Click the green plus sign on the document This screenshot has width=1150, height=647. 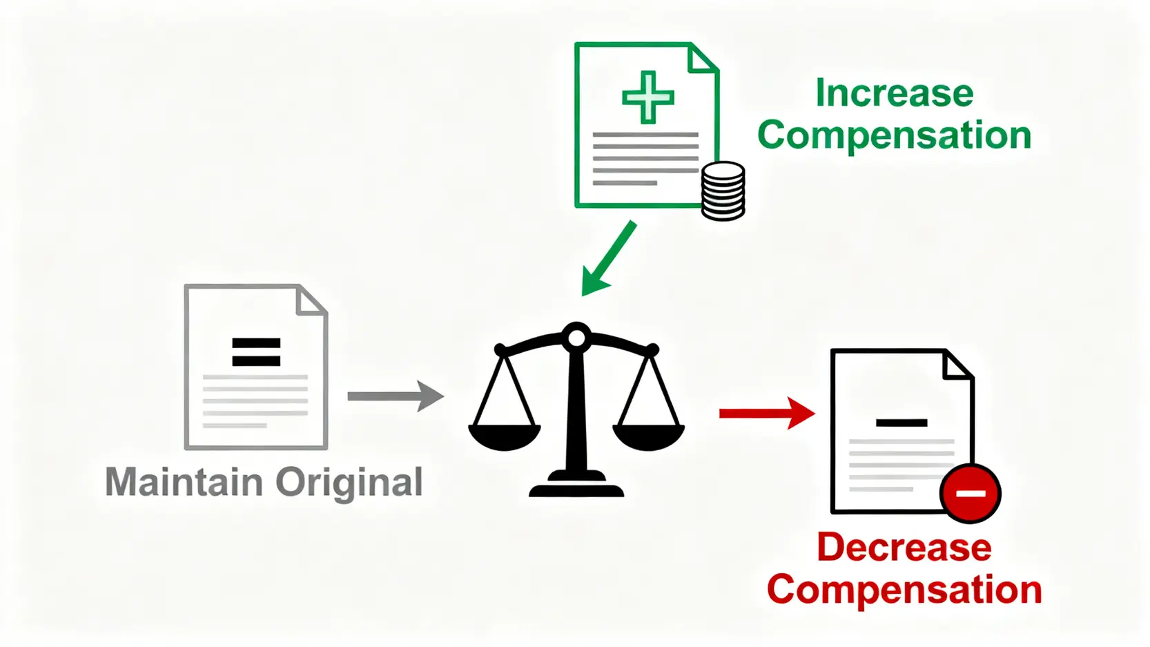(647, 97)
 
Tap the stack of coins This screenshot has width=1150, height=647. (723, 191)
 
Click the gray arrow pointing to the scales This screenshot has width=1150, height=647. (396, 396)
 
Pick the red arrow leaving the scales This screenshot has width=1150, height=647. (766, 413)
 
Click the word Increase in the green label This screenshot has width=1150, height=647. (894, 93)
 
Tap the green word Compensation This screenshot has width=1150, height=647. (894, 135)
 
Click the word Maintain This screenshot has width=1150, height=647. (184, 482)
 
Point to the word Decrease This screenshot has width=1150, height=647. (904, 548)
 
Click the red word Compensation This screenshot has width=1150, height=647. (904, 590)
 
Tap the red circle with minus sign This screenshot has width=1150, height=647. (970, 493)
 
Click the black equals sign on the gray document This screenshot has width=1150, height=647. (256, 351)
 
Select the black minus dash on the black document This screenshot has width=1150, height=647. (902, 423)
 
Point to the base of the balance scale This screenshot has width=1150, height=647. (576, 487)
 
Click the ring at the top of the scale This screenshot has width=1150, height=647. (576, 338)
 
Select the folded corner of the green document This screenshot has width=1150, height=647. (703, 58)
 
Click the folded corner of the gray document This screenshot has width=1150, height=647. (311, 300)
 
